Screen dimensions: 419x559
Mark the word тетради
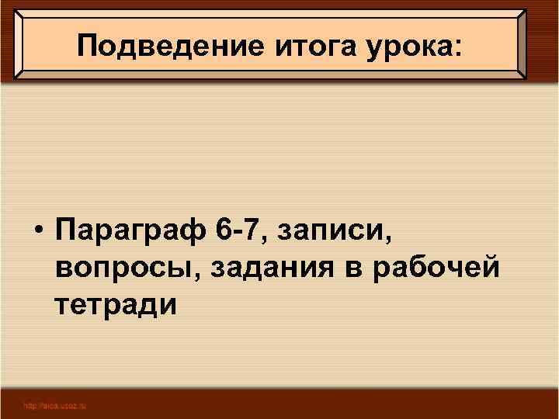click(116, 305)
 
